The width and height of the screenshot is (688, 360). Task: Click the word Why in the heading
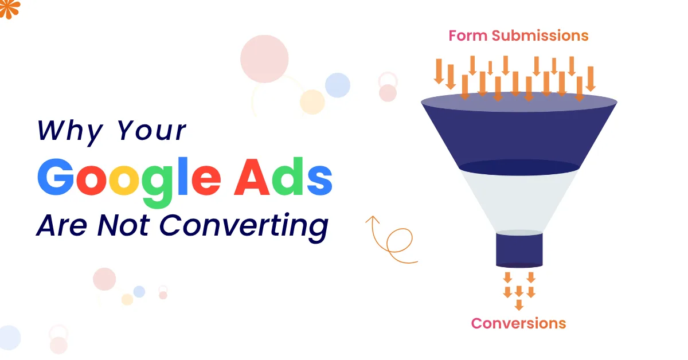(69, 131)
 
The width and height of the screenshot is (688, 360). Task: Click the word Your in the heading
(152, 131)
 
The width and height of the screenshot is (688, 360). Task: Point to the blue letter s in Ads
(318, 181)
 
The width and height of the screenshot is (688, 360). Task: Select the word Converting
(244, 225)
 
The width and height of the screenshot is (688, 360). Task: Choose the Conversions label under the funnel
(518, 323)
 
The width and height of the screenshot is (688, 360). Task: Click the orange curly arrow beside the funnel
(392, 241)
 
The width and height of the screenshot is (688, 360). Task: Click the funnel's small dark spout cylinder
(519, 249)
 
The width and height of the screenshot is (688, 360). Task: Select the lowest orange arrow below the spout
(519, 305)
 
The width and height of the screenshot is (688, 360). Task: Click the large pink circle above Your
(264, 59)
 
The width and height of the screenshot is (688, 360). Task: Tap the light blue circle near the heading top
(338, 85)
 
